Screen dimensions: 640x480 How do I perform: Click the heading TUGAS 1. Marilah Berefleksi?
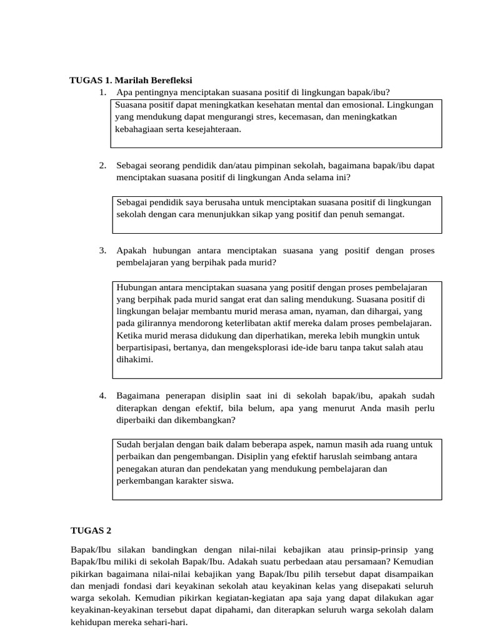(131, 80)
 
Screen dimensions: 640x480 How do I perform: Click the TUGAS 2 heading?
(91, 531)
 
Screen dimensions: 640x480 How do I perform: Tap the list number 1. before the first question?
(102, 92)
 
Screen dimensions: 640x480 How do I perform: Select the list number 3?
(102, 251)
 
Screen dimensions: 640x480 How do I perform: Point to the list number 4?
(102, 396)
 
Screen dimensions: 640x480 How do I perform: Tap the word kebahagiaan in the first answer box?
(139, 129)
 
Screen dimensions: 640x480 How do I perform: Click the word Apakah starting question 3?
(131, 251)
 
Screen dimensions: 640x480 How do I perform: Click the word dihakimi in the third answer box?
(134, 360)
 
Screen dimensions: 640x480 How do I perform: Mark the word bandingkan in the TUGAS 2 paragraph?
(187, 549)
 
